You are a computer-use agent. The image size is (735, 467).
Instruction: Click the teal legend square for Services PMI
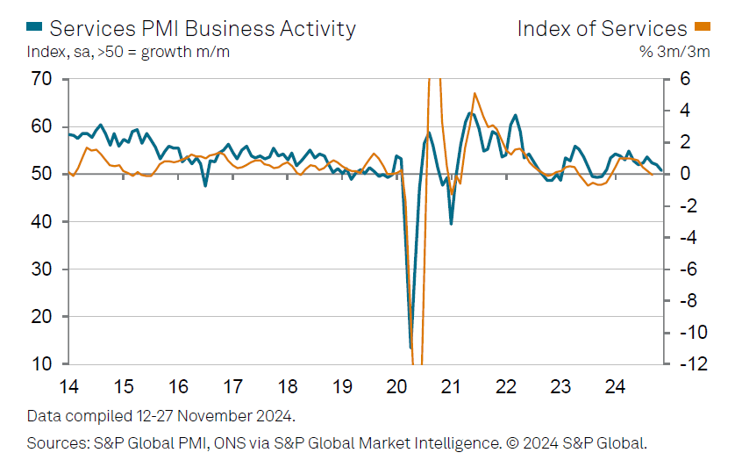[x=34, y=28]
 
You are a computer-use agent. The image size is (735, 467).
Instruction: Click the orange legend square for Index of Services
[x=703, y=28]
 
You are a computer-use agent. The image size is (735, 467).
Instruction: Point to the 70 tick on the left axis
[x=41, y=79]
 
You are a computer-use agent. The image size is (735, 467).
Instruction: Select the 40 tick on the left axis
[x=41, y=221]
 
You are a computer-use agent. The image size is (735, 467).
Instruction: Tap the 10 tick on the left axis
[x=41, y=363]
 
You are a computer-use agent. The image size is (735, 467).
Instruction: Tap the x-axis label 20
[x=396, y=386]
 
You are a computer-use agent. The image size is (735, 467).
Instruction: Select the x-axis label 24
[x=615, y=386]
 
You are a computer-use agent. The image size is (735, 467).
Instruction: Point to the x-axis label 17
[x=232, y=386]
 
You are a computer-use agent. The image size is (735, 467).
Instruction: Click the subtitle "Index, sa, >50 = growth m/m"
[x=128, y=51]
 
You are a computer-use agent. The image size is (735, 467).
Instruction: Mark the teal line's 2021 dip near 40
[x=451, y=224]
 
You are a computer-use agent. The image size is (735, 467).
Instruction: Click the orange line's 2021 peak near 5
[x=475, y=93]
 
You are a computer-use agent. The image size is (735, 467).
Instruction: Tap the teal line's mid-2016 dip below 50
[x=205, y=185]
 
